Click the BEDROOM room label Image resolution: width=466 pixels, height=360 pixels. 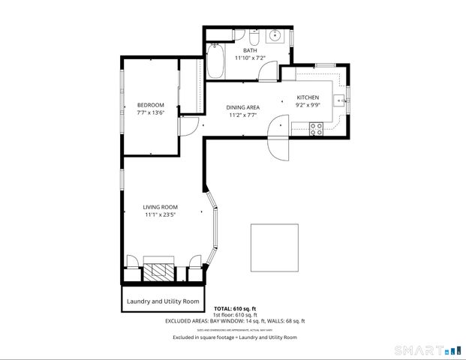click(x=150, y=105)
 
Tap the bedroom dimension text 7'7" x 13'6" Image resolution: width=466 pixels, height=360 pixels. click(x=150, y=112)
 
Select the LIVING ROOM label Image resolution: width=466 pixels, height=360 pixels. click(x=160, y=206)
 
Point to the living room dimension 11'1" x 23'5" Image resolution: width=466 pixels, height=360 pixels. click(x=160, y=214)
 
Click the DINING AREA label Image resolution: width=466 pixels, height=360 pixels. click(x=242, y=108)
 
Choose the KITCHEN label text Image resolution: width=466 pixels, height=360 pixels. click(x=308, y=97)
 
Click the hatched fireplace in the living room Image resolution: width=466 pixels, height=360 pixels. click(x=158, y=271)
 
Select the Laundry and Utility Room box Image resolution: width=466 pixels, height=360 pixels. click(x=163, y=301)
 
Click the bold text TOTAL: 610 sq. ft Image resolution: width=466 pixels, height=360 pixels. click(x=235, y=308)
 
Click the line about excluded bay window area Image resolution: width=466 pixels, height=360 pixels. click(x=235, y=321)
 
